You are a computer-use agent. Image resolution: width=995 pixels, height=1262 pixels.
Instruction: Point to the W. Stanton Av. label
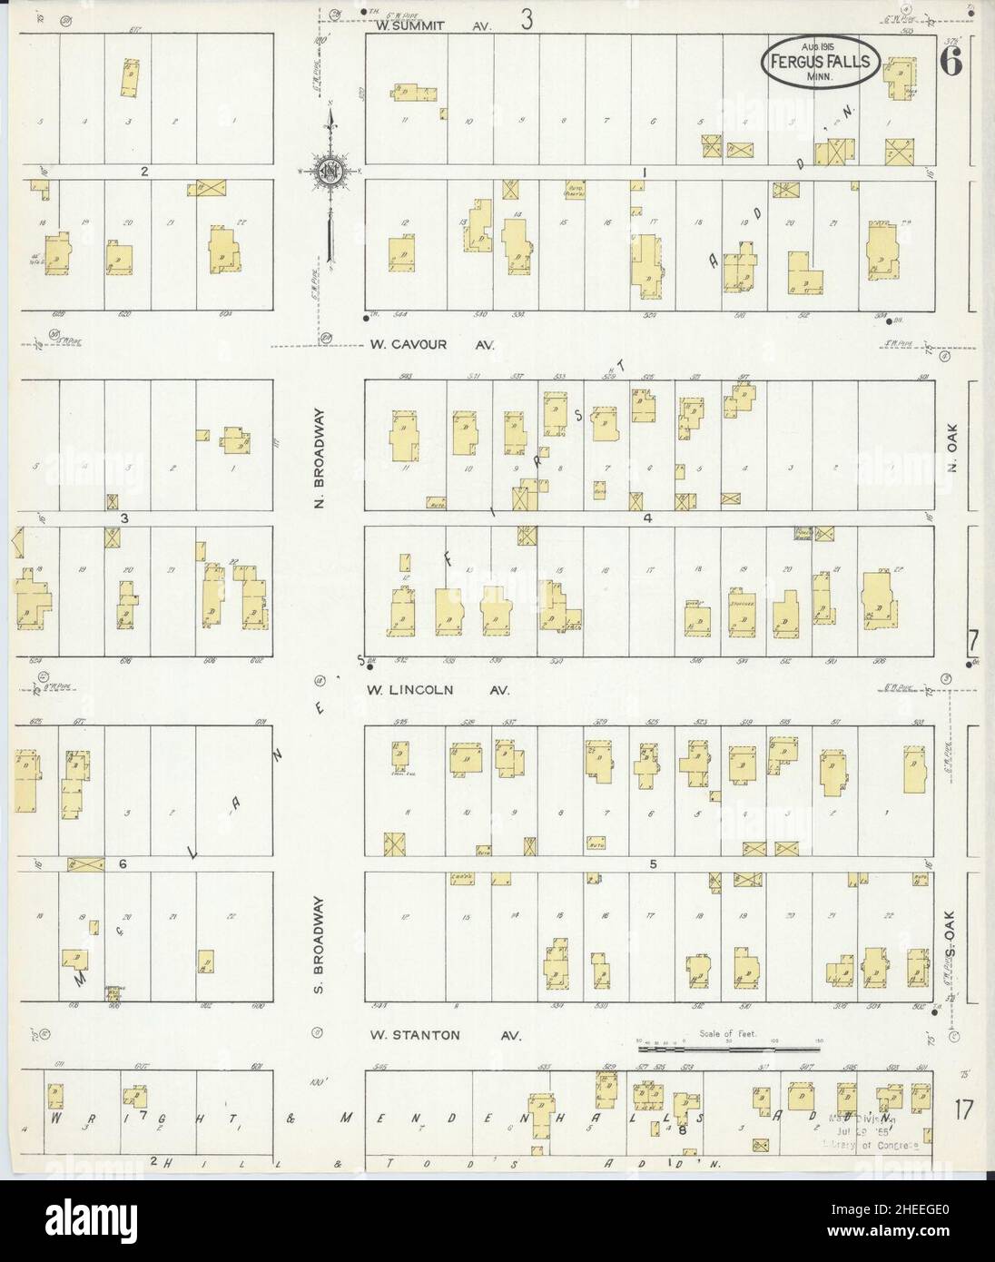(444, 1034)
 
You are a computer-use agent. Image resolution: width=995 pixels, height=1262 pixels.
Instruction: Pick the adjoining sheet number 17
(963, 1109)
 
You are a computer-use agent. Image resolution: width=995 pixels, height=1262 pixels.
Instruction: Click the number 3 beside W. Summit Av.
(526, 20)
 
